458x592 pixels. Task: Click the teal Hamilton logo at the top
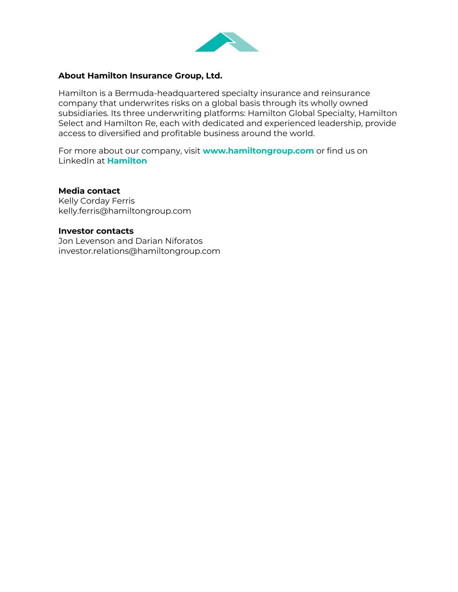227,42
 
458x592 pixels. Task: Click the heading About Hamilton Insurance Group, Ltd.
140,76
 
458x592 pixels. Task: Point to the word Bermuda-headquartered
167,93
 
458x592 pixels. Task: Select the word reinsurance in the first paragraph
345,93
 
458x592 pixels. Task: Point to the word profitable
181,133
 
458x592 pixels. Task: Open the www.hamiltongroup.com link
258,151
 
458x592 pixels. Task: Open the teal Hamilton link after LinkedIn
127,161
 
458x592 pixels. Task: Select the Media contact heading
89,191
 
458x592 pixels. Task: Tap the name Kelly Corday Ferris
96,201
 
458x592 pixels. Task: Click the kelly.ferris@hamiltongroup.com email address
125,211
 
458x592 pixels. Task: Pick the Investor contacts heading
96,231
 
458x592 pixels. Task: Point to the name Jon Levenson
86,241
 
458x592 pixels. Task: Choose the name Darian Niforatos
169,241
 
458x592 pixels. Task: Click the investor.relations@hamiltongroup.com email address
139,251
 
